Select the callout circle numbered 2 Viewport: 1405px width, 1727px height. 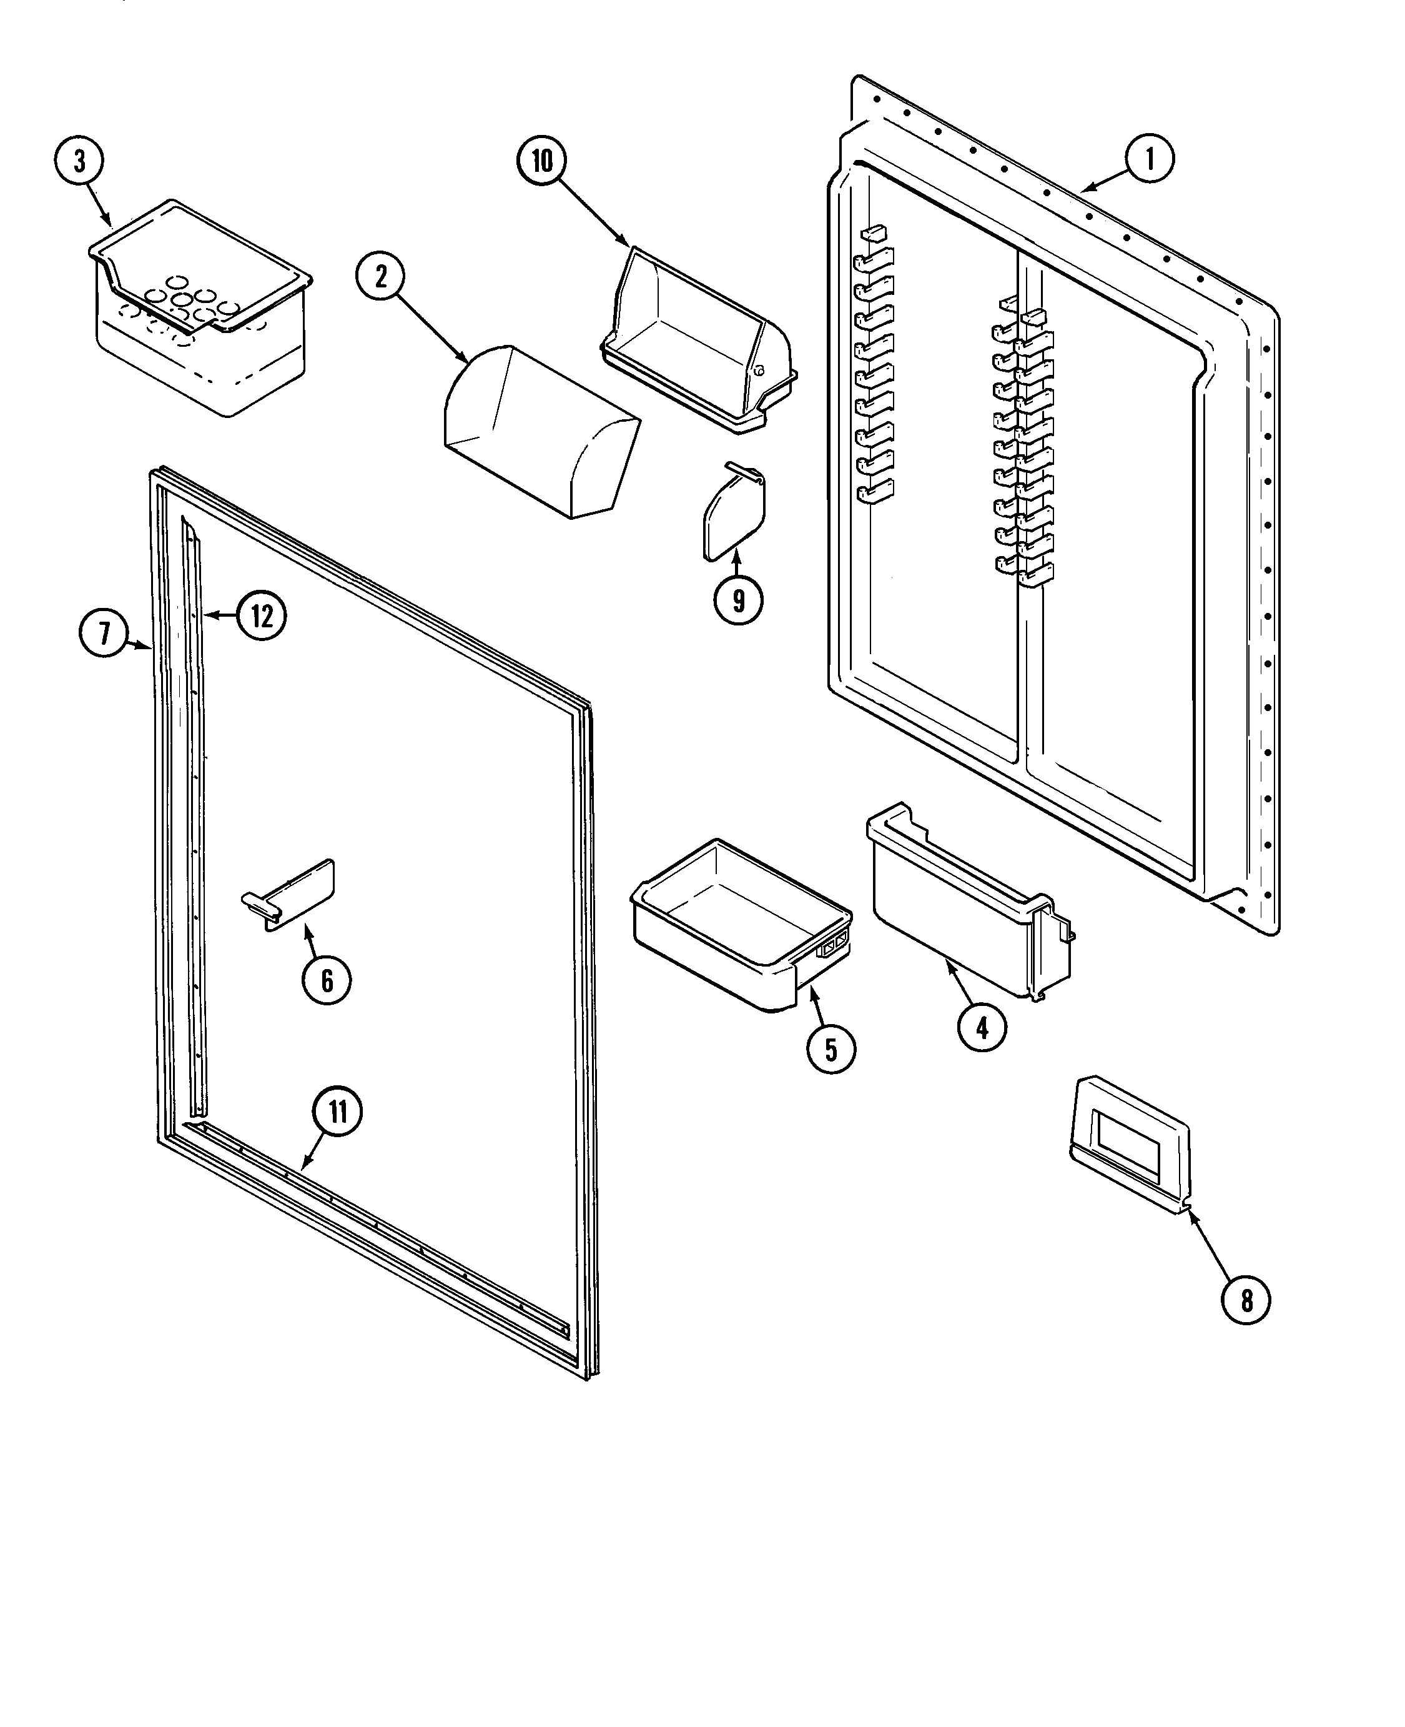(380, 277)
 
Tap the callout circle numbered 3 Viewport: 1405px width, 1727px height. (79, 161)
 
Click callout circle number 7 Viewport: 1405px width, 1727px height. (104, 632)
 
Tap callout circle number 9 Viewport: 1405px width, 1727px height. (738, 601)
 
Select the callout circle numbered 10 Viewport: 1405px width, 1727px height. (541, 161)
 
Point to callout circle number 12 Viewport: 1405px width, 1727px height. (262, 616)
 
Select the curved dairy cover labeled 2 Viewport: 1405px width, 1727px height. (541, 429)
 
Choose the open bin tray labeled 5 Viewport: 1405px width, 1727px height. (741, 923)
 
